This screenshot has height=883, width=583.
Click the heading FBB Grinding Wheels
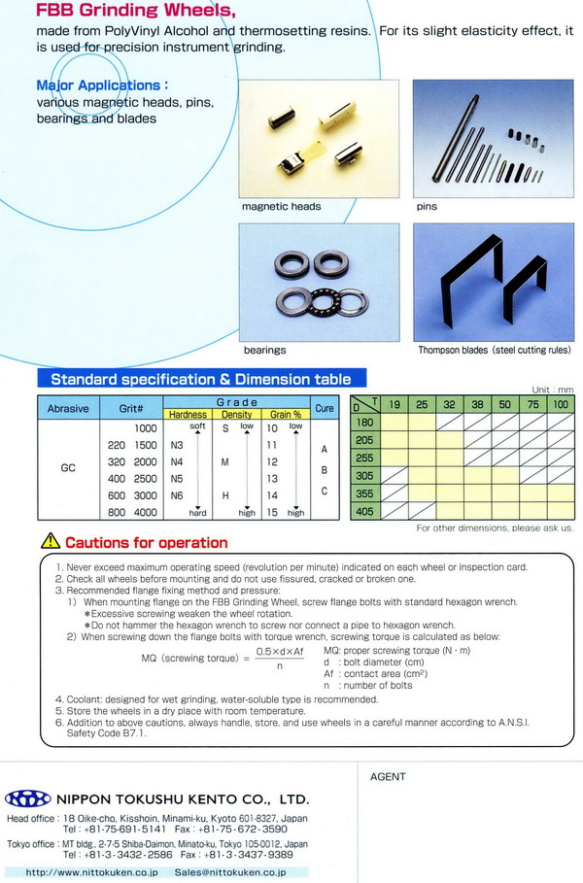[135, 12]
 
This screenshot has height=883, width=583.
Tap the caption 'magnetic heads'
[281, 207]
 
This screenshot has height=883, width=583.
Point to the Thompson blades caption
[495, 350]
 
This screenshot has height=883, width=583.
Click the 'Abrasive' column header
[68, 409]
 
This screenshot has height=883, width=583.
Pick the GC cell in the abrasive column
[68, 467]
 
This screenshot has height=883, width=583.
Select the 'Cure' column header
[325, 409]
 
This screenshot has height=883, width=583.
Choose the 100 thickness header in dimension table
[561, 404]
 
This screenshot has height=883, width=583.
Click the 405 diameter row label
[365, 511]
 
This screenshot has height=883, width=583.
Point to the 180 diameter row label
[365, 423]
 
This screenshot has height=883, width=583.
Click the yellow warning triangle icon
[50, 542]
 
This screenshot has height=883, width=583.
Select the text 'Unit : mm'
[552, 389]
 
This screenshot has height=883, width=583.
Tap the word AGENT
[389, 777]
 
